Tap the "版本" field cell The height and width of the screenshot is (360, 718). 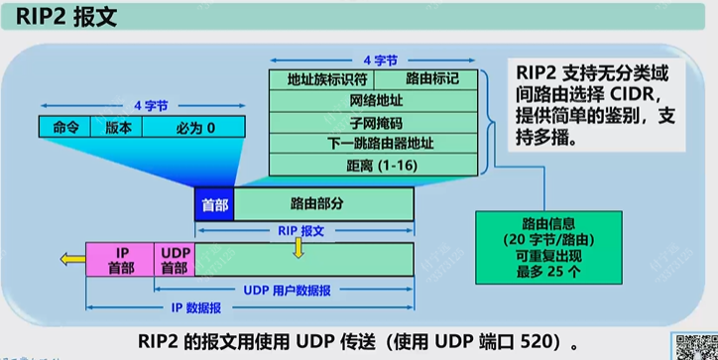click(x=118, y=126)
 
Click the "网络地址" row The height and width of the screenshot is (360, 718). click(x=377, y=101)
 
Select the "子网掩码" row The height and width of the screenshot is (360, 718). click(x=377, y=122)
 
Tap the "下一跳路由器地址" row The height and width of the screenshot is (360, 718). click(x=377, y=143)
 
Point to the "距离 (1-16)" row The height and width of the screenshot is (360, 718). click(x=377, y=164)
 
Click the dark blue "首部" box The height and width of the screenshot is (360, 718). click(x=214, y=204)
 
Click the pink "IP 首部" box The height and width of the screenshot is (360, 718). click(x=121, y=259)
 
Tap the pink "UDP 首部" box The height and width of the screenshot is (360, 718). click(x=175, y=259)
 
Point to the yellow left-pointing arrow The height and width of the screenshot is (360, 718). click(x=70, y=259)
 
